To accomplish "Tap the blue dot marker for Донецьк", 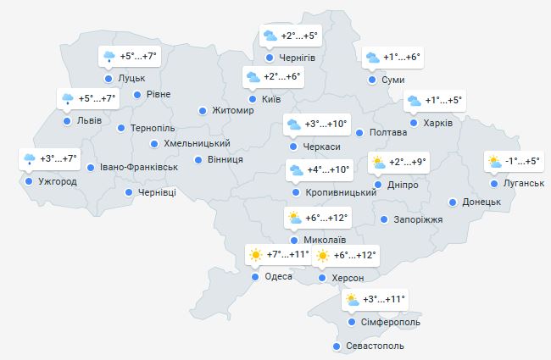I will pos(454,202).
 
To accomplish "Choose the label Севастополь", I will pos(375,346).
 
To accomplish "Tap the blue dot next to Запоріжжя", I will pos(386,219).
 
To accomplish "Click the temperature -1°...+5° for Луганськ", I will pos(522,162).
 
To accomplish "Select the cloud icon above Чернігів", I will pos(269,36).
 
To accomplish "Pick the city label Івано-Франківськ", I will pos(138,167).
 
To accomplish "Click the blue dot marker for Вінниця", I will pos(198,159).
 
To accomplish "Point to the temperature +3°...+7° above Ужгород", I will pos(58,158).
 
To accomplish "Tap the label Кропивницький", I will pos(339,193).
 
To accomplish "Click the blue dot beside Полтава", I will pos(360,133).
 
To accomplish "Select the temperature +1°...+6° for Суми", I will pos(402,58).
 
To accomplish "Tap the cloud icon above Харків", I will pos(414,101).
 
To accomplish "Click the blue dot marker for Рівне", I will pos(139,94).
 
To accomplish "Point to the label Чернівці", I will pos(157,193).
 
